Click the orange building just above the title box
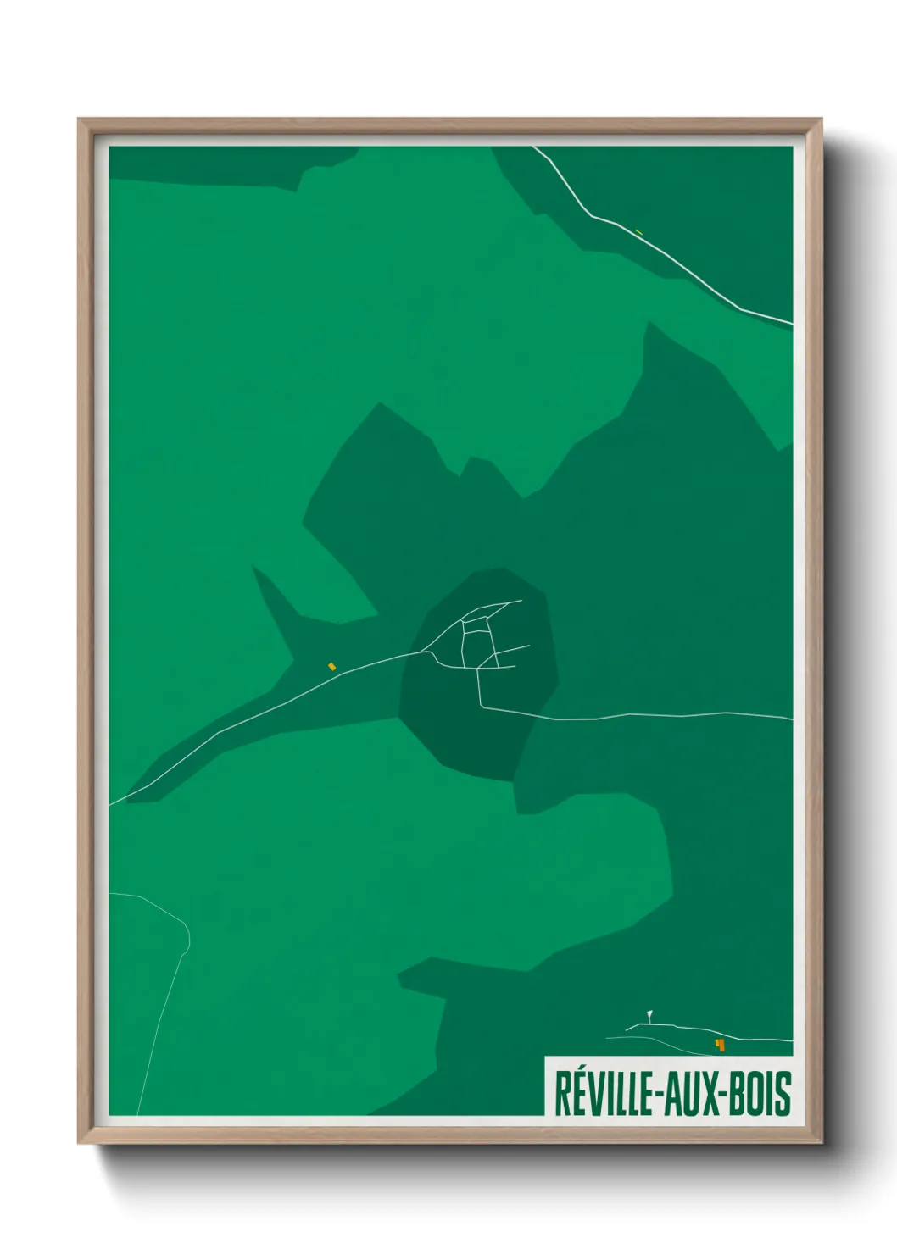(720, 1045)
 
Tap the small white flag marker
(649, 1013)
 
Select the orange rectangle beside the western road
(332, 666)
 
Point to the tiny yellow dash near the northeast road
(638, 231)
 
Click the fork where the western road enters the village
(424, 651)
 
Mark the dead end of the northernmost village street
(521, 601)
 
